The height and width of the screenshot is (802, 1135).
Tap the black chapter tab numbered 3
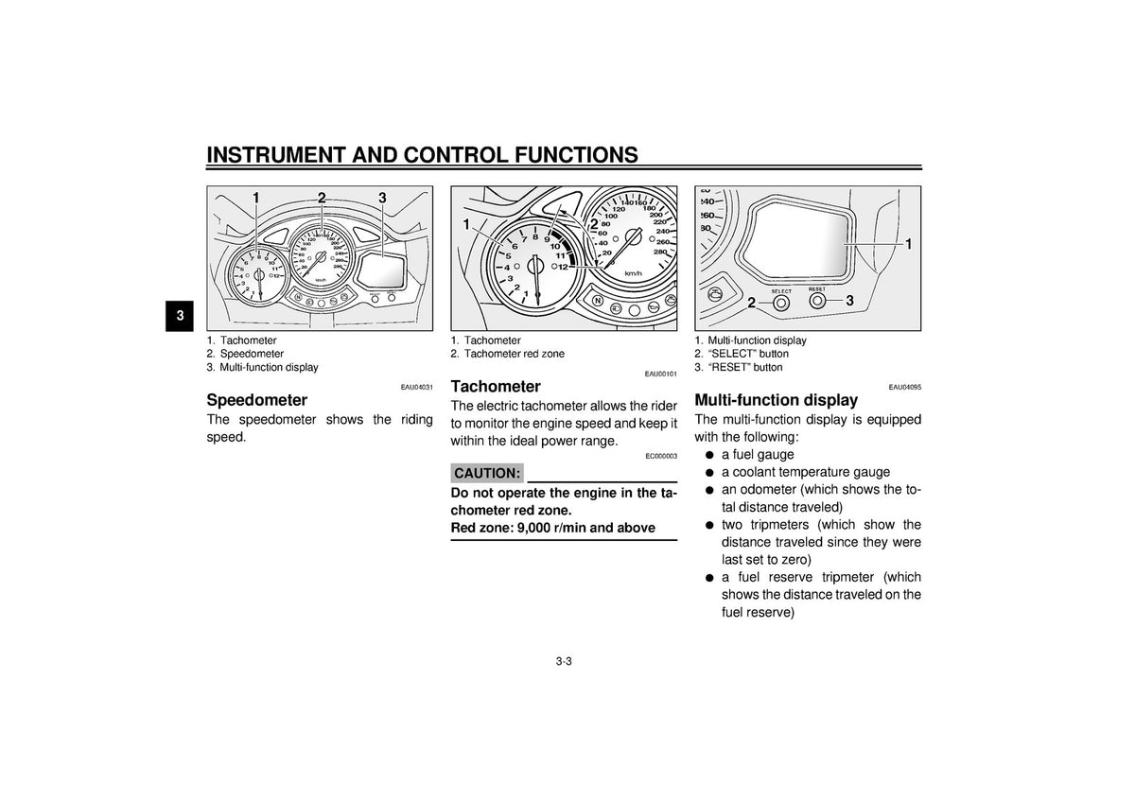[181, 317]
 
